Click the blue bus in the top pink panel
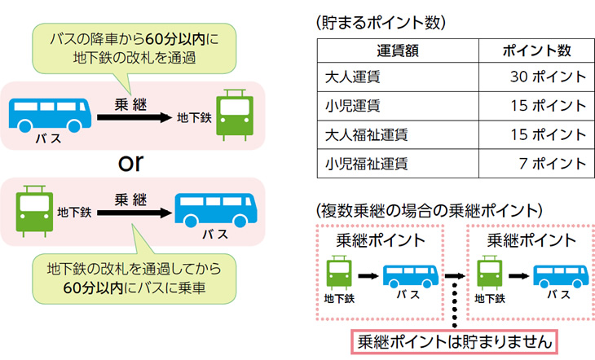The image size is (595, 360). pyautogui.click(x=50, y=115)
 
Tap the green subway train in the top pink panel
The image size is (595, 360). pyautogui.click(x=235, y=114)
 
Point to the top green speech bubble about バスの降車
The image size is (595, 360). pyautogui.click(x=130, y=47)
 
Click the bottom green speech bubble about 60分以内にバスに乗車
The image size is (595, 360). pyautogui.click(x=130, y=277)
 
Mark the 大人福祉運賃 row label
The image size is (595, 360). pyautogui.click(x=361, y=134)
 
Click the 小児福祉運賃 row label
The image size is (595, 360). pyautogui.click(x=361, y=164)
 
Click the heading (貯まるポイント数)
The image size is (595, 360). pyautogui.click(x=380, y=23)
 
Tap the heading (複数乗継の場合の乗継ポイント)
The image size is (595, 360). pyautogui.click(x=428, y=209)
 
